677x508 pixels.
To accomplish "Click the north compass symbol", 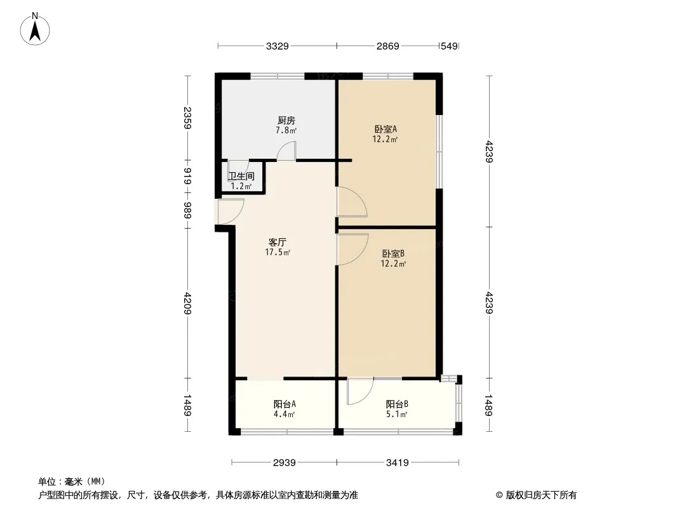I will coord(36,28).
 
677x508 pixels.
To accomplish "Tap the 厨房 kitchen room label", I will coord(286,120).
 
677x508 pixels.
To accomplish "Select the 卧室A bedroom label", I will coord(385,129).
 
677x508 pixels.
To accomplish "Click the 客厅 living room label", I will coord(278,242).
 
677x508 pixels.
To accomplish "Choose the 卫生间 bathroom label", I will coord(241,176).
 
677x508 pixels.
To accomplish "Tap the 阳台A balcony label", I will coord(285,404).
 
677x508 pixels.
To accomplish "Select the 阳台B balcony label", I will coord(397,404).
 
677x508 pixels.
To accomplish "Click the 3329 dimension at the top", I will coord(278,46).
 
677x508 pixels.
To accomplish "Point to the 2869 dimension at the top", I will coord(387,46).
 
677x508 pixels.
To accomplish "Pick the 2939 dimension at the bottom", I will coord(285,462).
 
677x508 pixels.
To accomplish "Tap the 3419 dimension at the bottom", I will coord(397,462).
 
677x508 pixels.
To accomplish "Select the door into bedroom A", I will coord(351,203).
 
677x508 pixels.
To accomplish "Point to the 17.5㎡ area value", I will coord(278,252).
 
